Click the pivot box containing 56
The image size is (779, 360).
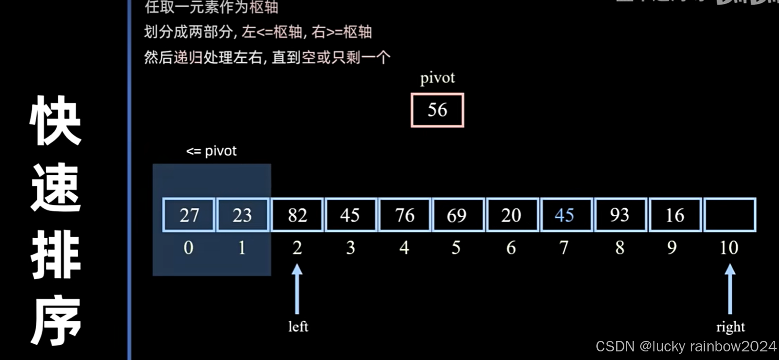pyautogui.click(x=437, y=110)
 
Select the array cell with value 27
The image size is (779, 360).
pyautogui.click(x=189, y=215)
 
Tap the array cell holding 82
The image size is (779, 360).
pyautogui.click(x=297, y=215)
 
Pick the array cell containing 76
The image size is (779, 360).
pyautogui.click(x=405, y=215)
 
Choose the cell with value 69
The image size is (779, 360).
pyautogui.click(x=457, y=215)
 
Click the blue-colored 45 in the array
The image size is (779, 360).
pyautogui.click(x=565, y=215)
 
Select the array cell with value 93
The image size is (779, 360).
pyautogui.click(x=620, y=215)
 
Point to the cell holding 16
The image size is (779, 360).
pyautogui.click(x=675, y=215)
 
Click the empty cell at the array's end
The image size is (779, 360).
pyautogui.click(x=730, y=215)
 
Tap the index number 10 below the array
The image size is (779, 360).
pyautogui.click(x=729, y=247)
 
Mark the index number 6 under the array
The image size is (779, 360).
pyautogui.click(x=511, y=247)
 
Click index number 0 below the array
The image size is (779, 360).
pyautogui.click(x=189, y=247)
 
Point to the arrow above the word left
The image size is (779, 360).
pyautogui.click(x=297, y=289)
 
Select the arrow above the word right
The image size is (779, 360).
pyautogui.click(x=730, y=289)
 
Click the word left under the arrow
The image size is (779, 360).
pyautogui.click(x=298, y=327)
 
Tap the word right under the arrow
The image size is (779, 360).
pyautogui.click(x=730, y=327)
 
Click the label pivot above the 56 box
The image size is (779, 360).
pyautogui.click(x=437, y=78)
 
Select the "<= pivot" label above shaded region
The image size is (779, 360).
pyautogui.click(x=211, y=151)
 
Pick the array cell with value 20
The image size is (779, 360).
pyautogui.click(x=511, y=215)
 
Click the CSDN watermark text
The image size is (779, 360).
pyautogui.click(x=686, y=346)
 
